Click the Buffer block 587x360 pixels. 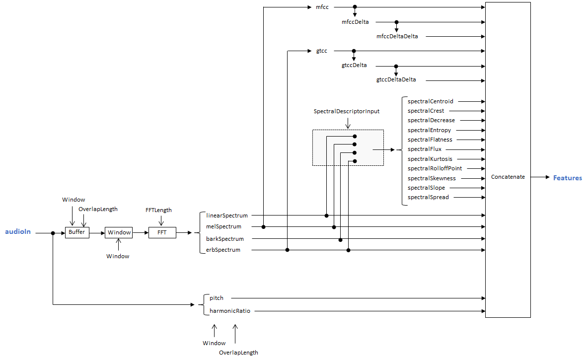coord(77,232)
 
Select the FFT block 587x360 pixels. coord(162,232)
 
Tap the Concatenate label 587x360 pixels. coord(508,177)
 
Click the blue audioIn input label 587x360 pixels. coord(18,232)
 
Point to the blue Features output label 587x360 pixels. coord(567,178)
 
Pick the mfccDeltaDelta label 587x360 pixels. coord(397,37)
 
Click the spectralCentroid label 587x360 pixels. coord(430,101)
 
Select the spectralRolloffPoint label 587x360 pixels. coord(435,168)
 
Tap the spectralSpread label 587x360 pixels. coord(428,197)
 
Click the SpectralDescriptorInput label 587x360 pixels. coord(347,112)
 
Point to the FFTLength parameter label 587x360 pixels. coord(158,210)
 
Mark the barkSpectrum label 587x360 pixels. coord(225,239)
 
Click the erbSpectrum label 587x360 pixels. coord(223,250)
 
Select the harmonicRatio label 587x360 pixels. coord(230,311)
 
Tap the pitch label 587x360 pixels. coord(217,298)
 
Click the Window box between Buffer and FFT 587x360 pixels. coord(119,232)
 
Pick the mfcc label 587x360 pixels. coord(322,7)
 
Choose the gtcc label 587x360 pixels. coord(321,51)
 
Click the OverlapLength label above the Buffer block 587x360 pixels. coord(98,210)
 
